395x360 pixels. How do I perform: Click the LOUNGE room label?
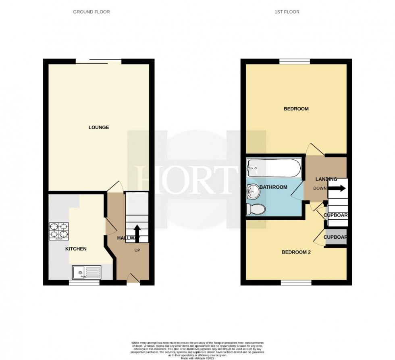point(99,127)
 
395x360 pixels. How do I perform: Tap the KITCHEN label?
point(76,249)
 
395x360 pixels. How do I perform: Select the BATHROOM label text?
point(273,187)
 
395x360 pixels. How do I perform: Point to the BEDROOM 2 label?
point(296,252)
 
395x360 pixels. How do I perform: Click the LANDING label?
point(326,179)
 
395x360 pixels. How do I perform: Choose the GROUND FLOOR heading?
point(91,12)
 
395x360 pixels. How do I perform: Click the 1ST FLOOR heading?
point(287,12)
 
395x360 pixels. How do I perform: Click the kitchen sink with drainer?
point(87,273)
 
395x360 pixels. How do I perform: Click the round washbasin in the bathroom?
point(254,191)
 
